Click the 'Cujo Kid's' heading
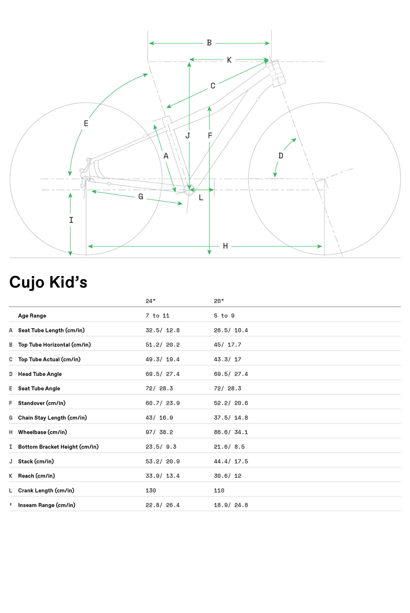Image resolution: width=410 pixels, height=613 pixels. click(48, 282)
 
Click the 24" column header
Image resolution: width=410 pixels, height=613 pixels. click(150, 301)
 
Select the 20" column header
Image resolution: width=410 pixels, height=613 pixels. click(219, 301)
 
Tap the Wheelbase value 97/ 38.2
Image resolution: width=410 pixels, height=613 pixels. click(159, 432)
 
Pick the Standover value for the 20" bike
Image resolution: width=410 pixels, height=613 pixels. click(231, 403)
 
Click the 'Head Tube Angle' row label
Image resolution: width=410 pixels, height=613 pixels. click(40, 374)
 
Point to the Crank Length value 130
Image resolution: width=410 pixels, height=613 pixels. click(151, 491)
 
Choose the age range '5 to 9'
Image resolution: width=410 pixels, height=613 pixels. click(224, 315)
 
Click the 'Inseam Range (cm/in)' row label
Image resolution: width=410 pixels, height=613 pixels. click(47, 505)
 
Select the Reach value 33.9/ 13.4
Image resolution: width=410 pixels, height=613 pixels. click(163, 476)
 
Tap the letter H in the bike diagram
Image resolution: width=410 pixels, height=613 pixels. click(225, 246)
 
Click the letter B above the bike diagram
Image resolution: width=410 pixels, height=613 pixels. click(209, 43)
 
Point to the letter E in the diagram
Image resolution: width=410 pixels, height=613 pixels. click(86, 123)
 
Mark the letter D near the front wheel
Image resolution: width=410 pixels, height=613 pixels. click(280, 156)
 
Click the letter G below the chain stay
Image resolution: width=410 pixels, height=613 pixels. click(141, 197)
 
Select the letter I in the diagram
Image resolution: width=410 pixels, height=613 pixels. click(71, 220)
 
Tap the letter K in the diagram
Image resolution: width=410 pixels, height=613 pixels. click(229, 60)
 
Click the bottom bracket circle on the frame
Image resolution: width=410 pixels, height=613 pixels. click(189, 190)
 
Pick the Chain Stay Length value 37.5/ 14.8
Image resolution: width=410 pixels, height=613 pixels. click(231, 417)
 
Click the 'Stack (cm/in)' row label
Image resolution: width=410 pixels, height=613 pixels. click(36, 461)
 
